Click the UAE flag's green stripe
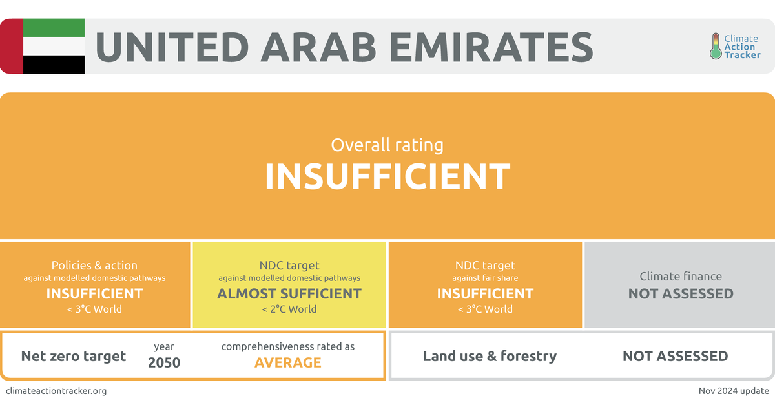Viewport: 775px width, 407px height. click(54, 27)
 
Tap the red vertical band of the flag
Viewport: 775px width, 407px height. click(12, 46)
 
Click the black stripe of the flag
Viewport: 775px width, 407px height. click(54, 65)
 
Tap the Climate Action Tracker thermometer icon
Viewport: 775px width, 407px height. click(716, 47)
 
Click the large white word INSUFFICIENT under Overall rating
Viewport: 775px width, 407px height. click(387, 176)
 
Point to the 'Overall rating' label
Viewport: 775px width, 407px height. click(387, 145)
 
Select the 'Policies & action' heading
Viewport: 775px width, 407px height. click(94, 266)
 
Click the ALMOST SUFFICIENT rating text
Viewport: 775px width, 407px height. click(289, 293)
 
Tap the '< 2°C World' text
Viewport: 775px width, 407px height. click(289, 309)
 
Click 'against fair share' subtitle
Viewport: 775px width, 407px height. click(485, 278)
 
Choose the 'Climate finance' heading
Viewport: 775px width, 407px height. click(681, 277)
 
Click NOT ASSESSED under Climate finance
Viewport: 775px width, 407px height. click(681, 293)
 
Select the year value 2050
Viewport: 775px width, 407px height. click(164, 362)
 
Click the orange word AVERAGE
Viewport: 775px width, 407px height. click(288, 362)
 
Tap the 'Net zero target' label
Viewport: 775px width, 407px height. click(74, 356)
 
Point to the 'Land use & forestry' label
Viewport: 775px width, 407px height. click(490, 356)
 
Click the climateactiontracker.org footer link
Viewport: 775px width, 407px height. click(56, 391)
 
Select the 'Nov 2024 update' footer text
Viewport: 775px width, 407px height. click(734, 391)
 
